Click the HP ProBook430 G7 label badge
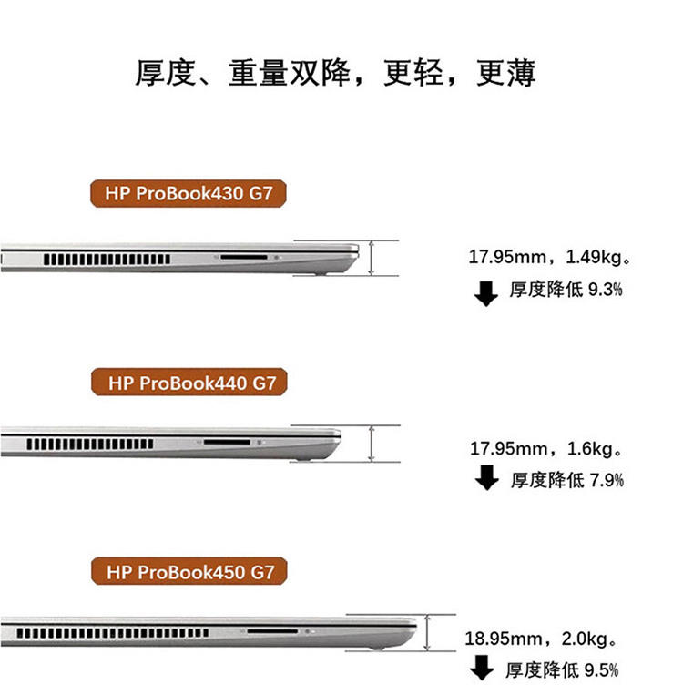pos(189,193)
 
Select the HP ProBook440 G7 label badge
pos(189,382)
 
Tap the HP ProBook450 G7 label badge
pos(189,571)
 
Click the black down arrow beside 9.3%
pos(485,293)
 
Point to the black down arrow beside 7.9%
pos(486,478)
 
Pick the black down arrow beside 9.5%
pos(482,668)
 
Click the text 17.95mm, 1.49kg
pos(550,257)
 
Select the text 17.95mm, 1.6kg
pos(546,449)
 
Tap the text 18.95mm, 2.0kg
pos(541,639)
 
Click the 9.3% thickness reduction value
pos(606,290)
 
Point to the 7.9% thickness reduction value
pos(607,480)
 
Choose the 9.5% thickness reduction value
pos(601,670)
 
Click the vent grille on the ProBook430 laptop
pos(107,260)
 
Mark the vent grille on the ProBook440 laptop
pos(90,444)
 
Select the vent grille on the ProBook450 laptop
pos(113,633)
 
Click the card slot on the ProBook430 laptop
pos(244,257)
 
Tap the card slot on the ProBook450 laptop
pos(272,630)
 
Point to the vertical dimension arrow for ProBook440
pos(372,444)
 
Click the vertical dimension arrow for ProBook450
pos(427,633)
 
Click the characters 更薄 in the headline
pos(506,73)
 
